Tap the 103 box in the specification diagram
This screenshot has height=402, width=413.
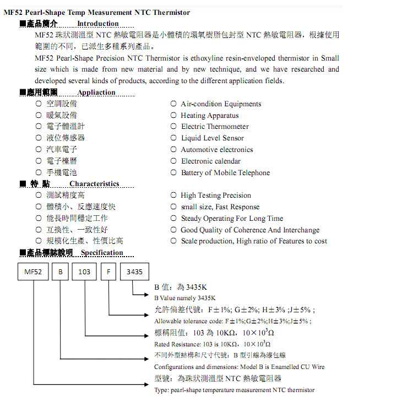[x=84, y=272]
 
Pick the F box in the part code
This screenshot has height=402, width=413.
[x=109, y=272]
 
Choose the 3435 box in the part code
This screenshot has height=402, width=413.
[x=134, y=272]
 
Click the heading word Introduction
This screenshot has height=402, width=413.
[x=97, y=24]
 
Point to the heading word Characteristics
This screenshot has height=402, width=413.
[x=94, y=184]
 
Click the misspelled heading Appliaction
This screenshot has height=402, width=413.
[x=96, y=93]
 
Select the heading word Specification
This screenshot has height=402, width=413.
[x=102, y=253]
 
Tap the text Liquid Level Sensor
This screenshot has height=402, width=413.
[x=213, y=138]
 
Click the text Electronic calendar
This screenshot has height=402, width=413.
[x=211, y=161]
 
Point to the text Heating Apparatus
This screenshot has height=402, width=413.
[x=210, y=116]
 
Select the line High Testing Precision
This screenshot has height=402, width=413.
[x=216, y=195]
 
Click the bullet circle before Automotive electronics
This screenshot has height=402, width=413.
[x=173, y=149]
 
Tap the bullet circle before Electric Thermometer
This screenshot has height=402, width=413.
[x=173, y=127]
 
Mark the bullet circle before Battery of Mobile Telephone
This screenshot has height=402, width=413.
[x=173, y=172]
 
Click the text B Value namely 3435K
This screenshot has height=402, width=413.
[x=184, y=298]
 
